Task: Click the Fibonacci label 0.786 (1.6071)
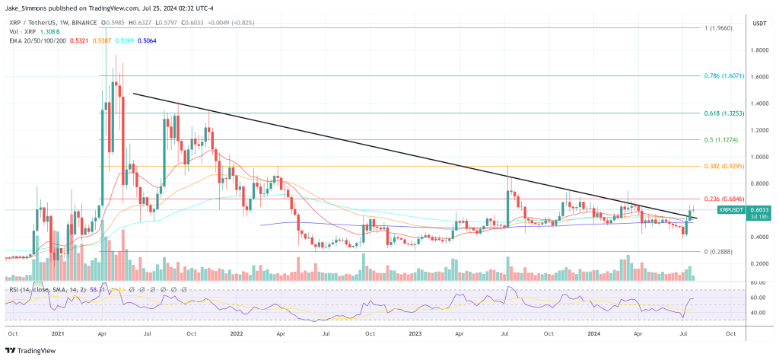click(x=724, y=77)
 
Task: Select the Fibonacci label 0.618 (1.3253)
click(x=724, y=113)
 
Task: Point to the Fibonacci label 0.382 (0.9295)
click(x=724, y=166)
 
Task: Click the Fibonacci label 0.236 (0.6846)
click(x=724, y=199)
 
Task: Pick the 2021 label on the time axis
click(x=57, y=334)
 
